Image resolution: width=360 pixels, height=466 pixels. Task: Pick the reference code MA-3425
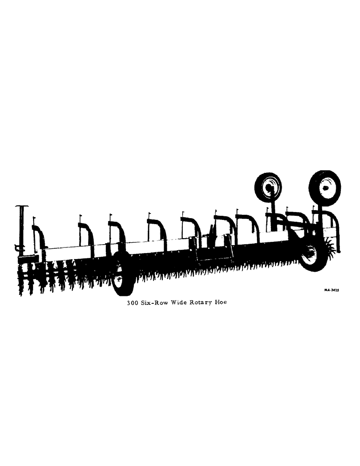pyautogui.click(x=332, y=290)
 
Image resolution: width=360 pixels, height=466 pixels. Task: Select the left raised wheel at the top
pyautogui.click(x=268, y=187)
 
